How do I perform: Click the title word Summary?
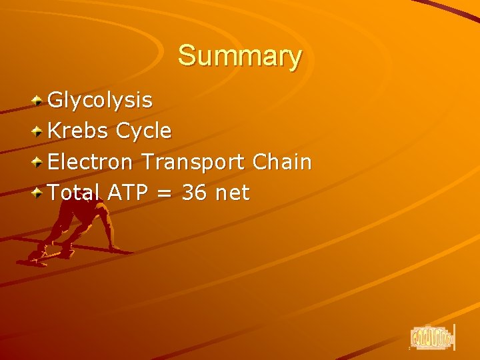(x=239, y=56)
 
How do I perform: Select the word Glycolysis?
(x=101, y=101)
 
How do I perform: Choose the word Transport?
(x=194, y=162)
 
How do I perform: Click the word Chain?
(x=282, y=162)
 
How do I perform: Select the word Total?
(x=74, y=193)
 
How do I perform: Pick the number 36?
(x=193, y=193)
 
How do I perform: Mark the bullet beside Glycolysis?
(x=39, y=101)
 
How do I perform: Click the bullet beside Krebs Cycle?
(x=39, y=131)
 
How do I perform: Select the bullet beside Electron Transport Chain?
(x=39, y=162)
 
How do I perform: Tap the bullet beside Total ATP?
(x=39, y=193)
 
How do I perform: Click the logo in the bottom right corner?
(x=432, y=337)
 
